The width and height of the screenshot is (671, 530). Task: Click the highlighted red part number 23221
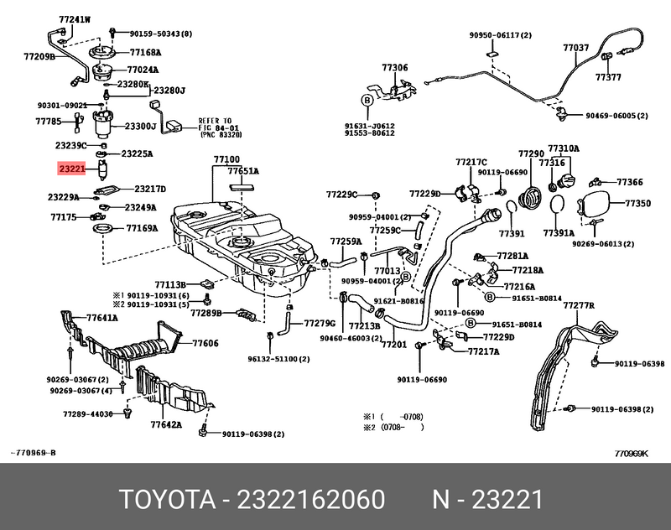(72, 169)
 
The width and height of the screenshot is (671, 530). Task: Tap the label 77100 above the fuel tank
(226, 159)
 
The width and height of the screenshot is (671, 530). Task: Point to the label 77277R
(578, 307)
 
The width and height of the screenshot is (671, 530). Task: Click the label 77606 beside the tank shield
(205, 343)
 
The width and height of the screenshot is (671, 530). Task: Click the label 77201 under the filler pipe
(393, 345)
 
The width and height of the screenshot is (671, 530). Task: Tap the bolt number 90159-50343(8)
(161, 34)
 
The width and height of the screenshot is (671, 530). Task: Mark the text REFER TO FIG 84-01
(219, 126)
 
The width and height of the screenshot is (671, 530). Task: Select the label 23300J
(141, 127)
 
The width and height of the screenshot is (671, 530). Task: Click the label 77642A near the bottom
(166, 425)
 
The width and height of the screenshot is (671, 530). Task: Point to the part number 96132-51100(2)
(278, 359)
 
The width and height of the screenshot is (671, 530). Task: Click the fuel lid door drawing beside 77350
(596, 204)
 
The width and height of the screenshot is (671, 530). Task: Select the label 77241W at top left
(75, 18)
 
